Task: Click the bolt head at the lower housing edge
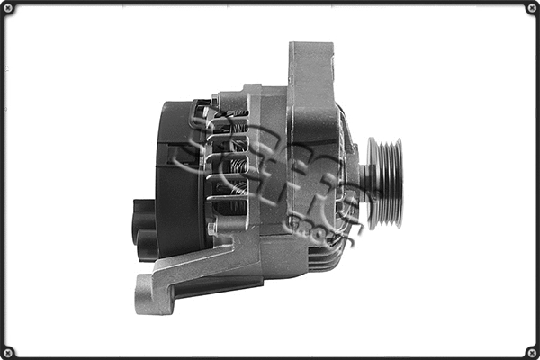212,229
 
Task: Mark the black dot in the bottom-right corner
532,352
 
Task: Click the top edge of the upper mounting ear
310,43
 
